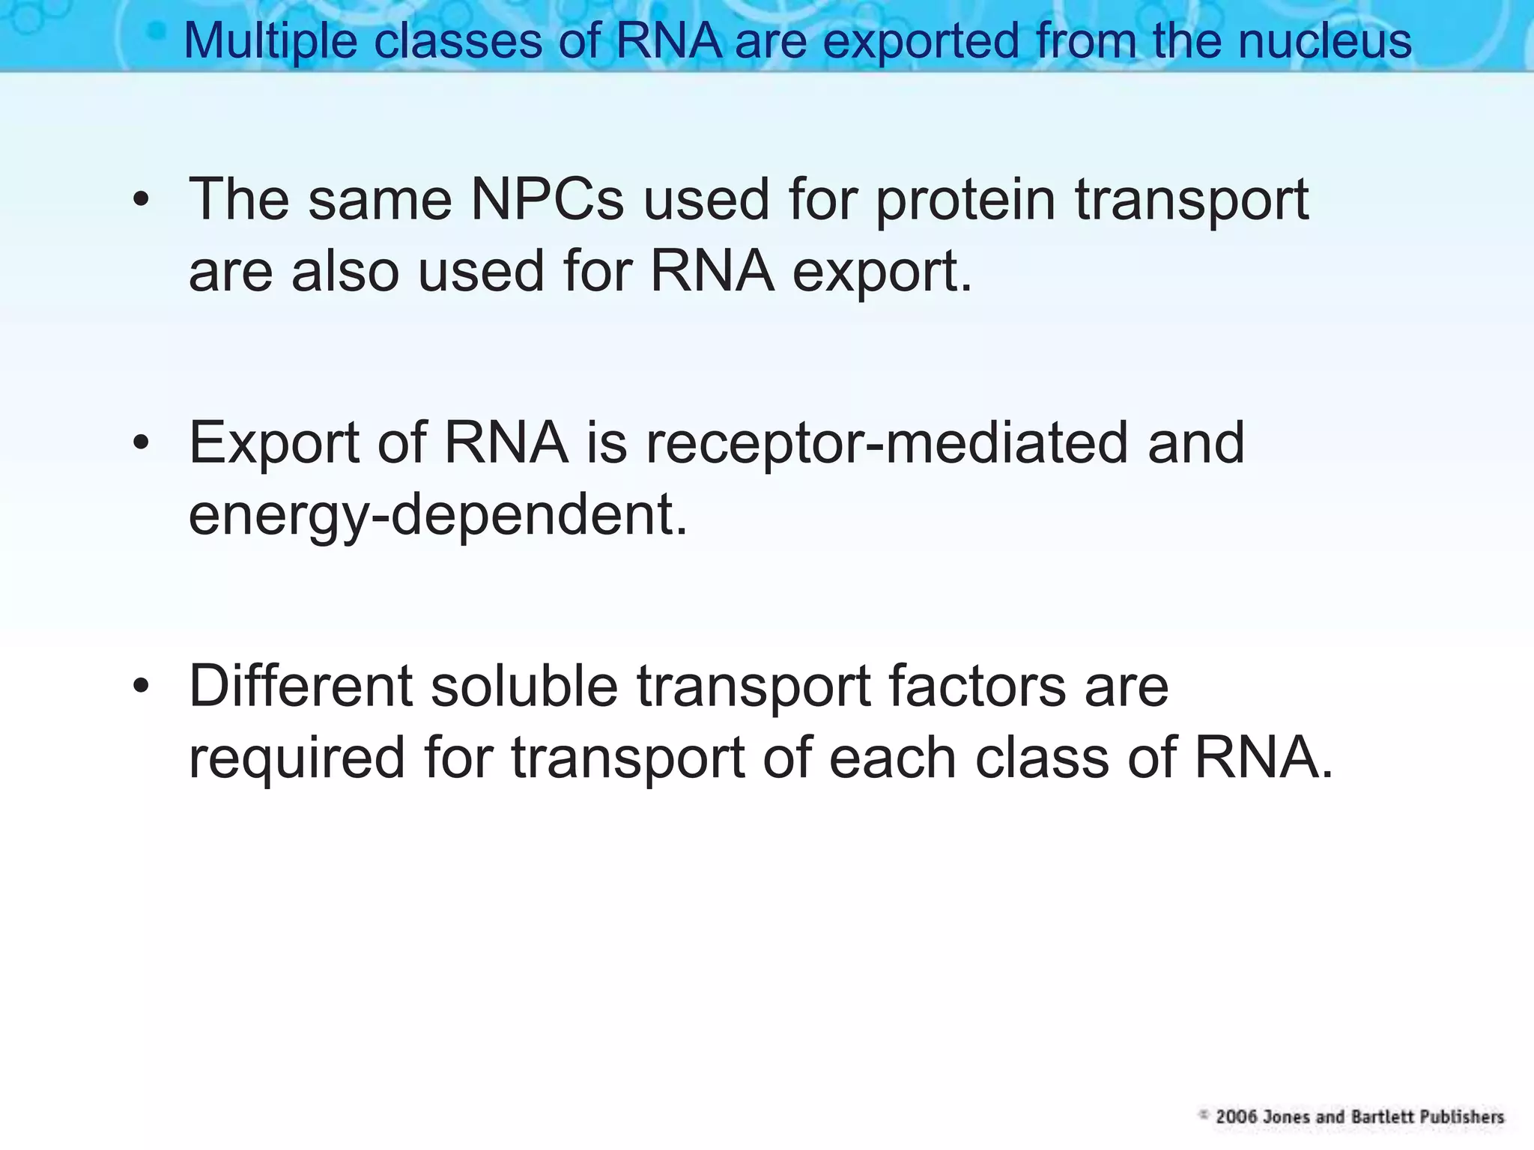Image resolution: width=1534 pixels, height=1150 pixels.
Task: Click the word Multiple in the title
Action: (x=270, y=40)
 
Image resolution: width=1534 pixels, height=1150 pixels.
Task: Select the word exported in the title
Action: (x=921, y=40)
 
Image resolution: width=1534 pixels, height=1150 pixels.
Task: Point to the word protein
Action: (x=965, y=201)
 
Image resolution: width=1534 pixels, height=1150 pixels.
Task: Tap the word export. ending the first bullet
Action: (x=882, y=272)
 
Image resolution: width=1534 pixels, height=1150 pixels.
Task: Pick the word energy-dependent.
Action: (x=437, y=516)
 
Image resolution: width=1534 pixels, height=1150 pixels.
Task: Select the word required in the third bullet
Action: (x=297, y=758)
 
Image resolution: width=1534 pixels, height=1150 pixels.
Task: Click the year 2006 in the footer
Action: (x=1236, y=1117)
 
